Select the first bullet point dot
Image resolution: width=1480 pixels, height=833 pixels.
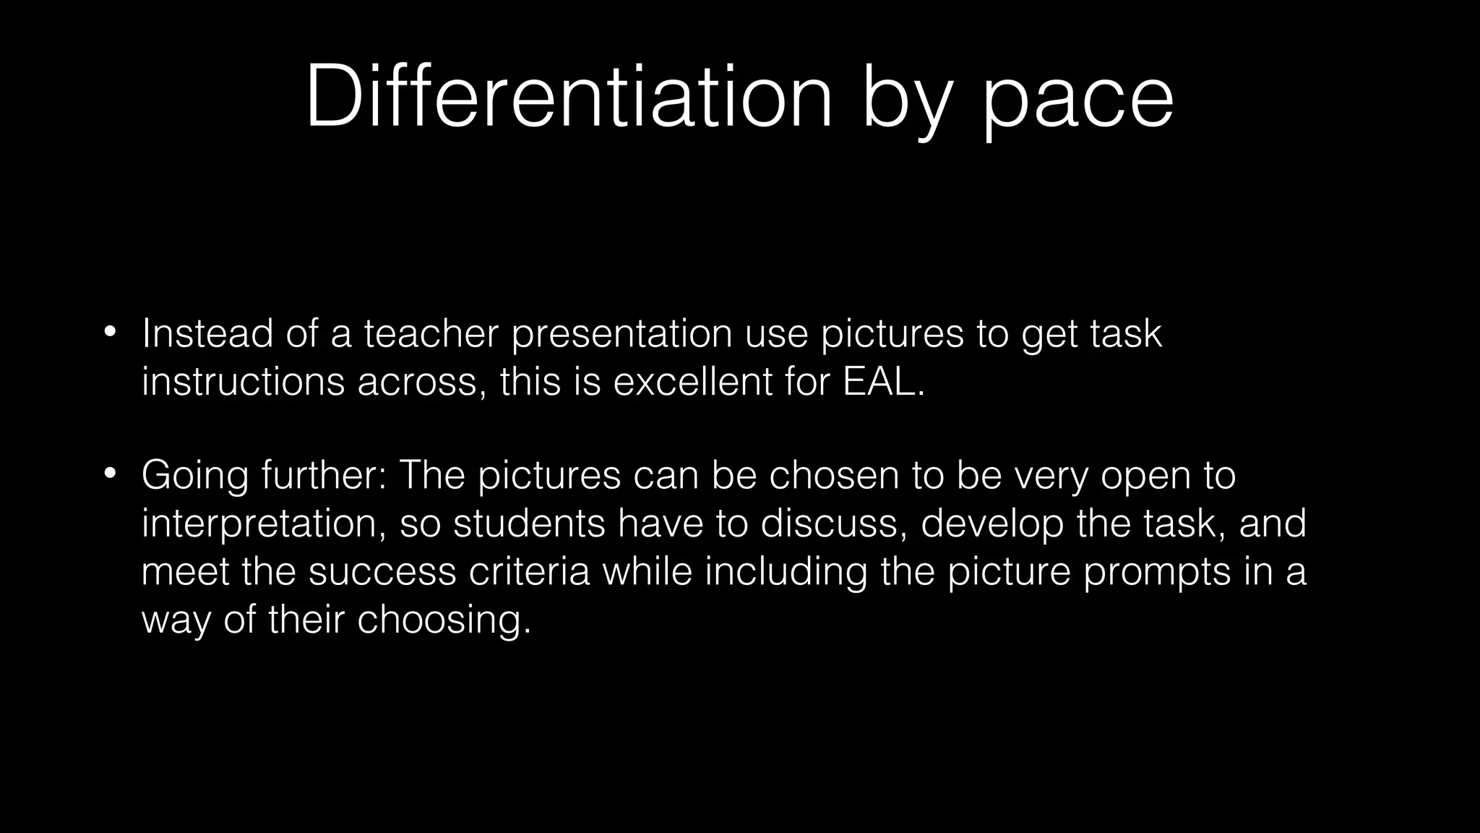[x=109, y=333]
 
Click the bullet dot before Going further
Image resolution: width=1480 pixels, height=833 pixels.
[x=109, y=474]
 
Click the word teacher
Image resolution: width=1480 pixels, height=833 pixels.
[x=431, y=334]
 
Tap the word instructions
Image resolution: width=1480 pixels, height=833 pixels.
[x=243, y=382]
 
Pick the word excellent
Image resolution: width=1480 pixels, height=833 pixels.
[x=693, y=382]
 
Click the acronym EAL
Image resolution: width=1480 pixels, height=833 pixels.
[x=882, y=382]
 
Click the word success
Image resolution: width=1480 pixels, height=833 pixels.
[x=382, y=572]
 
